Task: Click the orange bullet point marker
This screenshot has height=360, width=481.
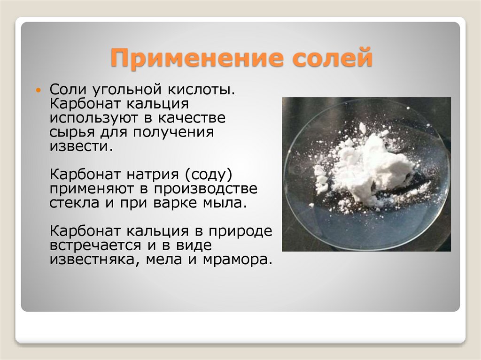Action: (39, 89)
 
